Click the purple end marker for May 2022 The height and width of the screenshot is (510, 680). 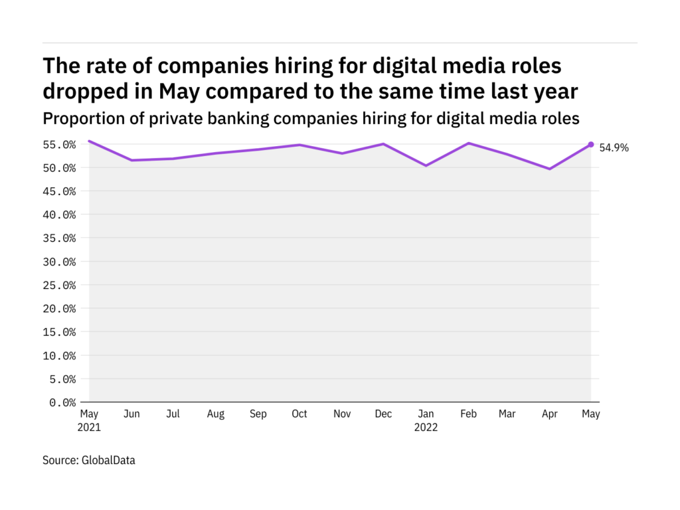[x=590, y=144]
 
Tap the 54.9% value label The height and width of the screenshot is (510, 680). [x=614, y=148]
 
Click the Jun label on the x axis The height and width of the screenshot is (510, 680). [x=131, y=414]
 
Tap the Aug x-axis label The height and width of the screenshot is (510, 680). [x=215, y=414]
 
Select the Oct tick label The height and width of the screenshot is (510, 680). [x=299, y=414]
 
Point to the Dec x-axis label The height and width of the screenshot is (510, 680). [x=382, y=414]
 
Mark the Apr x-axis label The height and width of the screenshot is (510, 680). [x=549, y=414]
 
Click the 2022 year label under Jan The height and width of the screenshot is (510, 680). [x=425, y=427]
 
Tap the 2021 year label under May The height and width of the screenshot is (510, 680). [x=90, y=427]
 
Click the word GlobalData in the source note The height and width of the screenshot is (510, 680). [x=108, y=460]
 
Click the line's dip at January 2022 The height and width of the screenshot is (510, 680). [x=425, y=165]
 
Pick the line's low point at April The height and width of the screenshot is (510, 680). [x=549, y=169]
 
